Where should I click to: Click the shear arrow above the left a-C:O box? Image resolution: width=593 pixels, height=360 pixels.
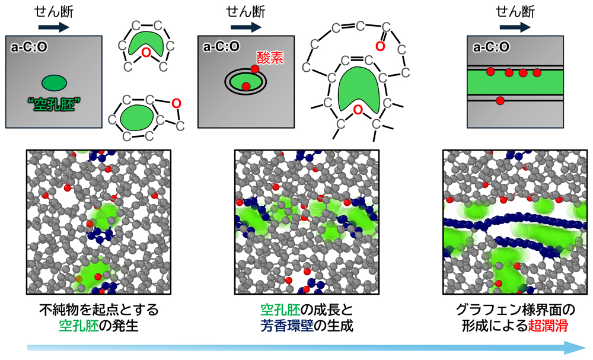[x=54, y=27]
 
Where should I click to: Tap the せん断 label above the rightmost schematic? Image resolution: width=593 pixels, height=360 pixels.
[x=515, y=12]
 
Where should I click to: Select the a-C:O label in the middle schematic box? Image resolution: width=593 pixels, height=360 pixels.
[x=222, y=46]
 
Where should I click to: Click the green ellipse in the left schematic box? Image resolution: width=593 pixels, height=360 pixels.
[x=54, y=83]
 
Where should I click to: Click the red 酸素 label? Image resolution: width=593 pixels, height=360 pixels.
[x=270, y=58]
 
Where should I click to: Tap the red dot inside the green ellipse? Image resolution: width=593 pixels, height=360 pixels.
[x=246, y=86]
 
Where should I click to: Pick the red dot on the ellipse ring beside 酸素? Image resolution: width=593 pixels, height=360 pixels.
[x=255, y=69]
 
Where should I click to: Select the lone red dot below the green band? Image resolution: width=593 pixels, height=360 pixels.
[x=500, y=101]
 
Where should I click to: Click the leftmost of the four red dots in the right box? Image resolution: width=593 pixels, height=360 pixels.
[x=490, y=71]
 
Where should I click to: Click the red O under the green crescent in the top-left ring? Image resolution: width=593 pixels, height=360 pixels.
[x=146, y=53]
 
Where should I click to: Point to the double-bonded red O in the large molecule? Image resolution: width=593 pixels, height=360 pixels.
[x=380, y=46]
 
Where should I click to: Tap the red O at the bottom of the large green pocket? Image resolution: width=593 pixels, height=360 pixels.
[x=358, y=110]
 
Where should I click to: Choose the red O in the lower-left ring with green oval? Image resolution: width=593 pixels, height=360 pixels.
[x=176, y=103]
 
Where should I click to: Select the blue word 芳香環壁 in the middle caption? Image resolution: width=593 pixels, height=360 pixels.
[x=288, y=326]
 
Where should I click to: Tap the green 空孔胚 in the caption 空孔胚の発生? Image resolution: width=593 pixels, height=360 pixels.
[x=79, y=326]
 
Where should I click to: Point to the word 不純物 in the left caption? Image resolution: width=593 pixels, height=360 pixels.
[x=59, y=310]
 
